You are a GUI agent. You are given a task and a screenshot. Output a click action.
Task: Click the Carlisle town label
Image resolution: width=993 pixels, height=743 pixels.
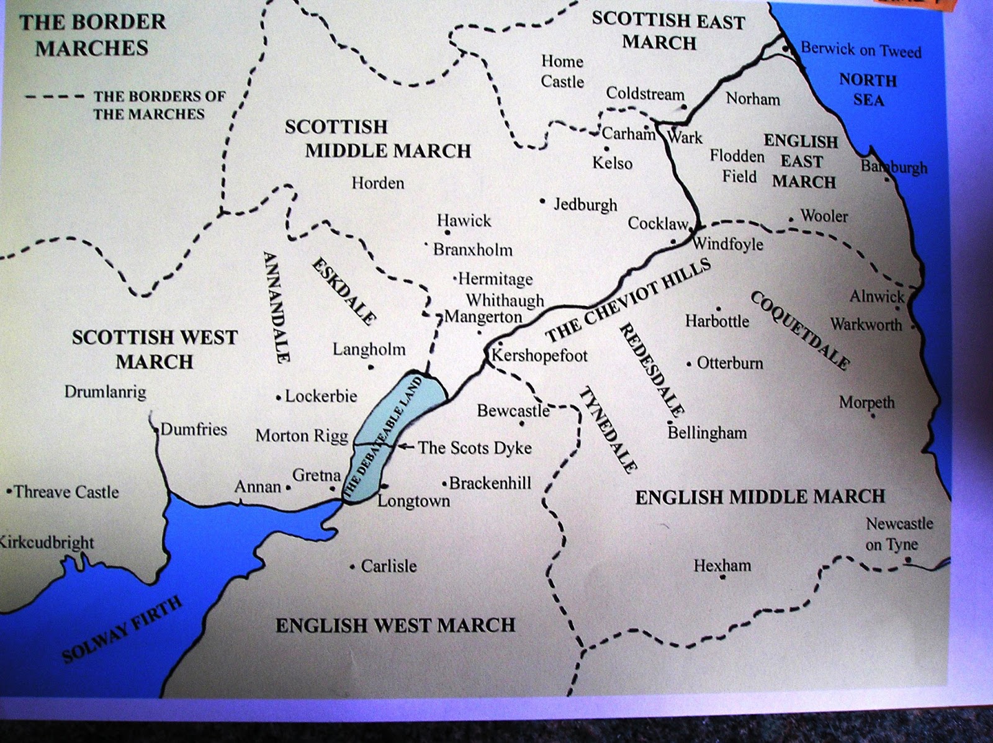coord(389,566)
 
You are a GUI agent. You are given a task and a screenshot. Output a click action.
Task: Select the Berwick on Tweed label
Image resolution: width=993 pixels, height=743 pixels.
coord(861,50)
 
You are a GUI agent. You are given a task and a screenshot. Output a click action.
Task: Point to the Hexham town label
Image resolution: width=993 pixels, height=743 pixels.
coord(722,565)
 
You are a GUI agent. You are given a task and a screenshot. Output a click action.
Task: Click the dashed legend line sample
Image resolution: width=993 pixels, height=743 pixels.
coord(55,97)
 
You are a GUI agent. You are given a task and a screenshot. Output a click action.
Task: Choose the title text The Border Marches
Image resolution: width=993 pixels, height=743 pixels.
coord(92,35)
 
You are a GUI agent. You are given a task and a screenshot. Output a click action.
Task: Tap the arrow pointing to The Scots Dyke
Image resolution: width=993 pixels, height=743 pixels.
coord(406,446)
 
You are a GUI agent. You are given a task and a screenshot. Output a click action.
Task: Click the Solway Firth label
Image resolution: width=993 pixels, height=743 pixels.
coord(123,629)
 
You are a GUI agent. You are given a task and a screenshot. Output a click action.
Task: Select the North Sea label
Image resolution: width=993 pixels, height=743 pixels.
coord(868,90)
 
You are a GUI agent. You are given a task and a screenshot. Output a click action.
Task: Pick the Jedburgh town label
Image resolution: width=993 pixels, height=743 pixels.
coord(585,205)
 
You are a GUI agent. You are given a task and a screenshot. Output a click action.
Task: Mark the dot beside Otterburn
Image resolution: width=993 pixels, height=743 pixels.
coord(689,365)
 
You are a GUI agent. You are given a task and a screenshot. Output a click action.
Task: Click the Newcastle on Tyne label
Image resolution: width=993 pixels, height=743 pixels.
coord(899,534)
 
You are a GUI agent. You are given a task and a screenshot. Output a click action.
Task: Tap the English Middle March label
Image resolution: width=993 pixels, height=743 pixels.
coord(760,497)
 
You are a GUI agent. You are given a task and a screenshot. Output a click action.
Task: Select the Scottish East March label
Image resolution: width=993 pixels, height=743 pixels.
coord(668,31)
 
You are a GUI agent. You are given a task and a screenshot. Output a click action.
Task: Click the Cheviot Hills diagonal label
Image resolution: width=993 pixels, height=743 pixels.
coord(627,300)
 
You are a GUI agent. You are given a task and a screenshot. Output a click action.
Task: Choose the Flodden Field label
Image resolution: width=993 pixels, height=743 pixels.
coord(738,166)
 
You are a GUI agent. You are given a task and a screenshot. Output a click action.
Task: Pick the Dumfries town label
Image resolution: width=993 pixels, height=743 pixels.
coord(194,430)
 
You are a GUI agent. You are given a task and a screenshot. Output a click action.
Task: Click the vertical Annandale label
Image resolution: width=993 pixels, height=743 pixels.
coord(274,307)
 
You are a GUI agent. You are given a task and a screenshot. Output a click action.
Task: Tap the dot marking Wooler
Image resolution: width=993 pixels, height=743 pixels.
coord(791,219)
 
